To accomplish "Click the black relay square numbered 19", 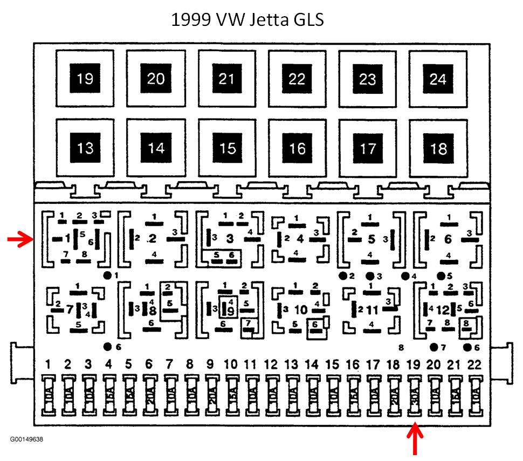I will click(85, 79).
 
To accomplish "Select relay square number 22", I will click(297, 79).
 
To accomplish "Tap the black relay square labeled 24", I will click(438, 79).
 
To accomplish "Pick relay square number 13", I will click(85, 148).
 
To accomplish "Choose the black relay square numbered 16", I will click(297, 148).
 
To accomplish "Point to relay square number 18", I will click(438, 148).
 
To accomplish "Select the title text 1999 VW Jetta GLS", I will click(247, 20).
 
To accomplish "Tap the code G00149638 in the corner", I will click(26, 439).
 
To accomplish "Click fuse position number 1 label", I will click(48, 365).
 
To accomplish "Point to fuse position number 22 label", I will click(474, 365).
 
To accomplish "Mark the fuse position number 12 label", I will click(271, 365).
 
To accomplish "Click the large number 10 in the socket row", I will click(301, 309).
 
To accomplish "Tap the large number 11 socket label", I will click(373, 310).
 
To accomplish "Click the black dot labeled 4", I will click(405, 276).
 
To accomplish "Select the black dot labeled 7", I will click(433, 347).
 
